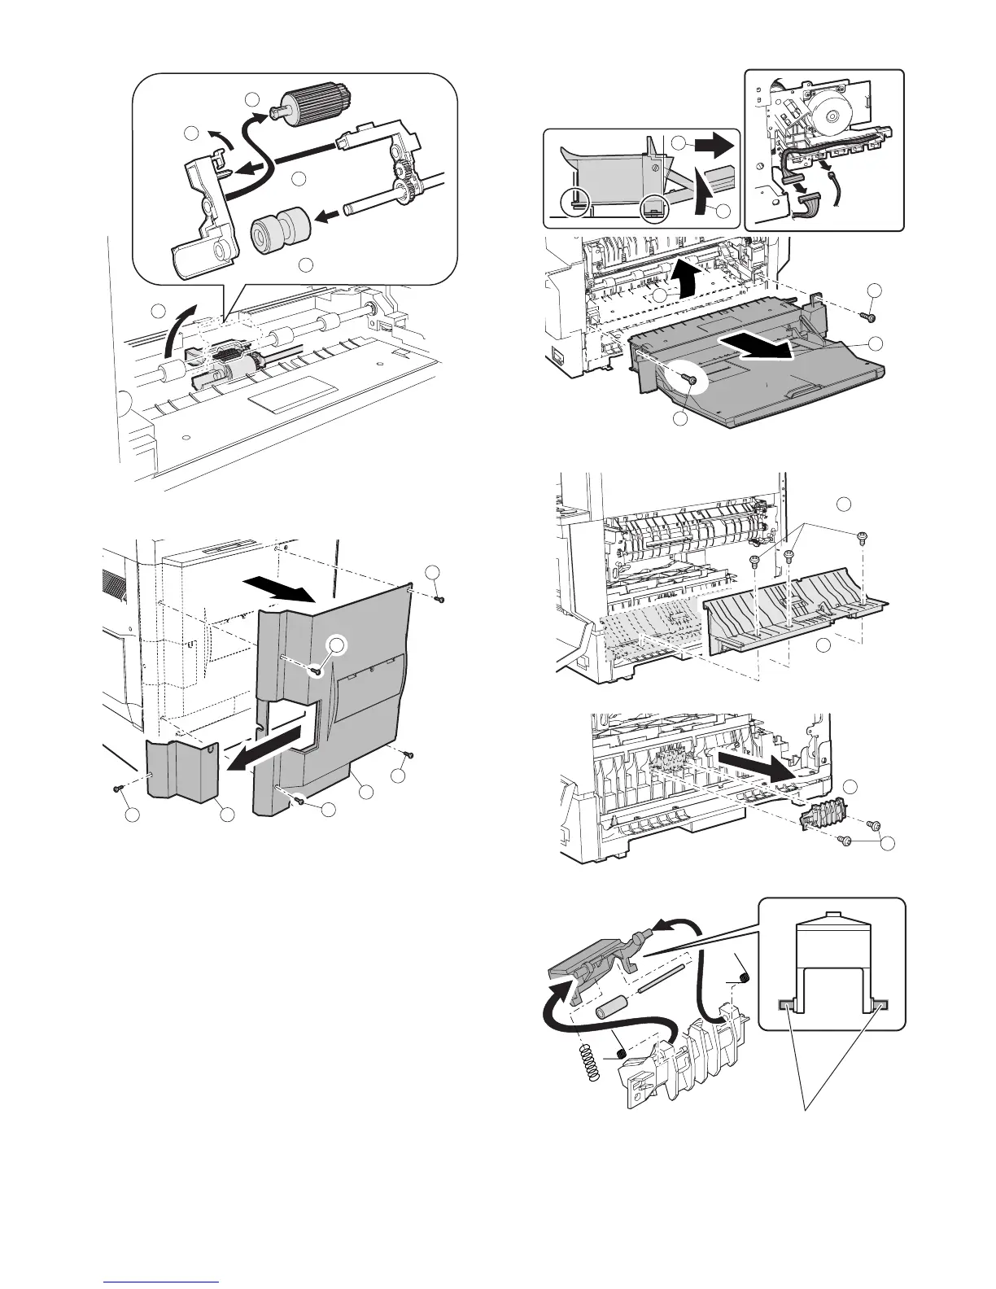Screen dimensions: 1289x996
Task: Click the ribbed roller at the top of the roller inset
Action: click(318, 102)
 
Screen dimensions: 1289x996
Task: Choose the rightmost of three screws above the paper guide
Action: click(861, 536)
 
